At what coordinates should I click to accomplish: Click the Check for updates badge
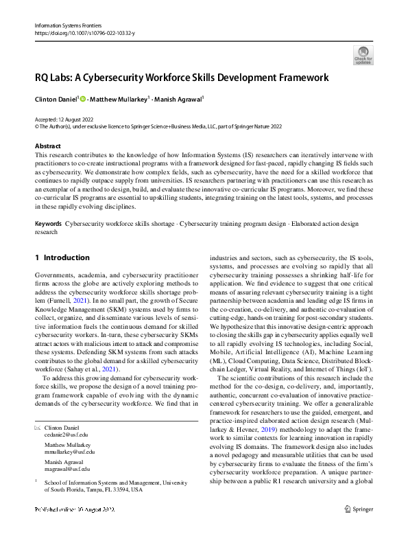pos(363,54)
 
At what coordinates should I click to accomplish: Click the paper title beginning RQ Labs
pos(182,78)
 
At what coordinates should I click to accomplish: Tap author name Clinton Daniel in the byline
pos(56,100)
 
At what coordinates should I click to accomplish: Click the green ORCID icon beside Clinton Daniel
pos(83,100)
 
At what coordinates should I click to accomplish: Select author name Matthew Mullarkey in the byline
pos(121,100)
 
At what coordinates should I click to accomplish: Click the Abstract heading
pos(47,146)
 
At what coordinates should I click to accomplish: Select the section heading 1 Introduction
pos(62,258)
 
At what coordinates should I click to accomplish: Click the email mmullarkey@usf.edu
pos(69,452)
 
